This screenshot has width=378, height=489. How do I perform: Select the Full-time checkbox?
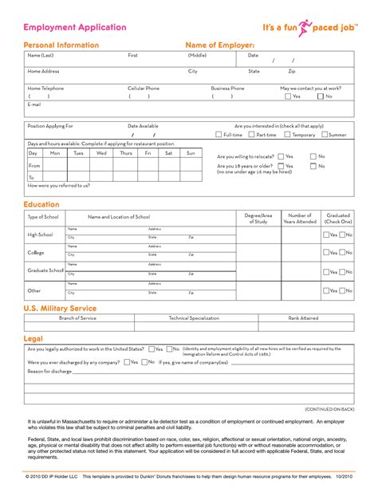coord(218,135)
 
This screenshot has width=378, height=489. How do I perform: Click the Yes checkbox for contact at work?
coord(288,97)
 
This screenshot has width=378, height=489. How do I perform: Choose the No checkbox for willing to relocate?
coord(313,156)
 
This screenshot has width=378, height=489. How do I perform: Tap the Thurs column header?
coord(125,152)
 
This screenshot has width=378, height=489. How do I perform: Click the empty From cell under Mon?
coord(55,165)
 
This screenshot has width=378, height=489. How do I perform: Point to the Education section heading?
coord(41,205)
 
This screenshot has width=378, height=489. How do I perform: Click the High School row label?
coord(40,234)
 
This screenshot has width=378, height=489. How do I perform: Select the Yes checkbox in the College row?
coord(326,252)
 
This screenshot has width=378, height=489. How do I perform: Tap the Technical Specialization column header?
coord(193,317)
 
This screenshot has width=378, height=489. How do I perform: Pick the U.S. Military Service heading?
coord(60,308)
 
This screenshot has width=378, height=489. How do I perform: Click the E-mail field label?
coord(34,105)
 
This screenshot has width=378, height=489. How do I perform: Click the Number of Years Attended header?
coord(300,218)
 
